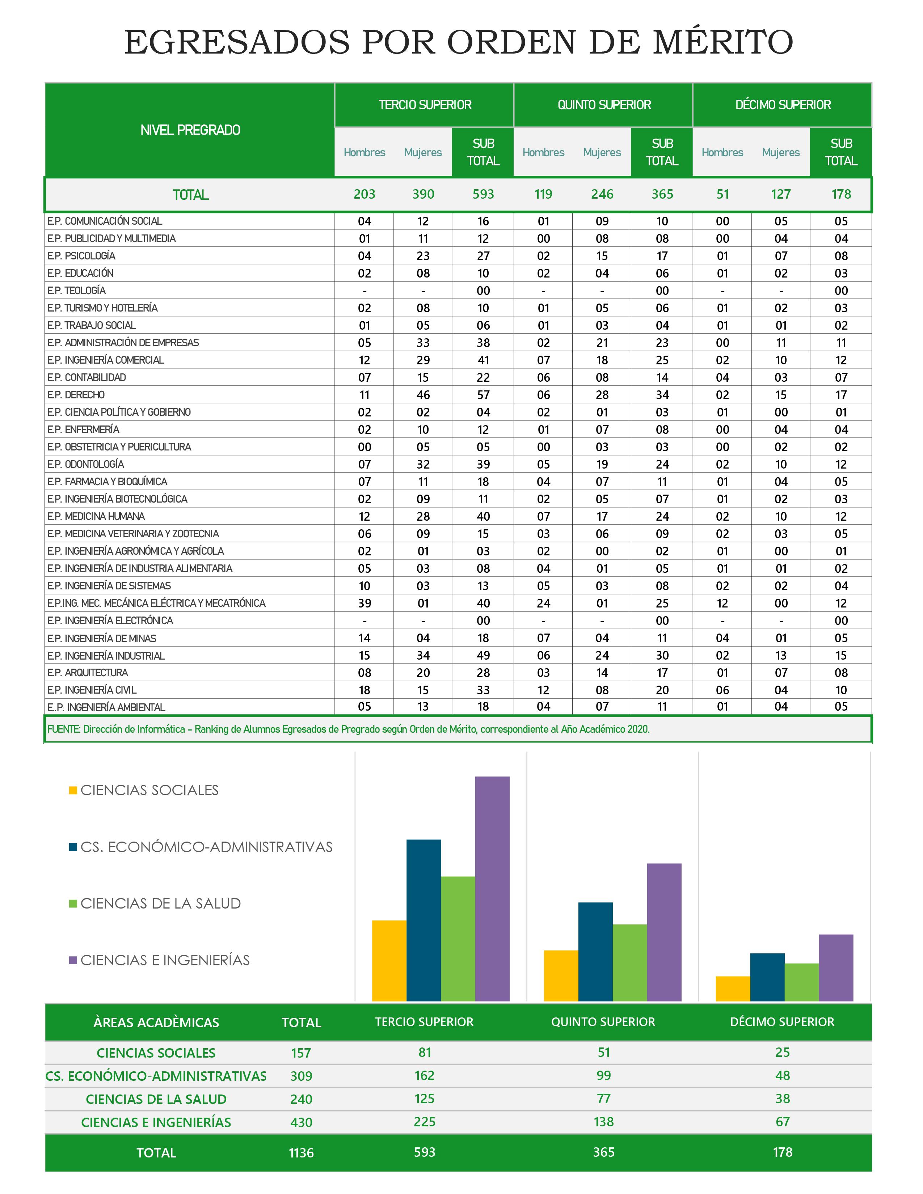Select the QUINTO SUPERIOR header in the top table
pyautogui.click(x=604, y=105)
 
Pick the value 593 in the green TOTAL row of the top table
pyautogui.click(x=483, y=194)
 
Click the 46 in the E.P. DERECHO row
pyautogui.click(x=423, y=395)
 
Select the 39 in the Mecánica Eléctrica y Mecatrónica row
pyautogui.click(x=364, y=603)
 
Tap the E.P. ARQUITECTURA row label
pyautogui.click(x=88, y=673)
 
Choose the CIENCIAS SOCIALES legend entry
pyautogui.click(x=149, y=790)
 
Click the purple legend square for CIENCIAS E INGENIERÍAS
pyautogui.click(x=73, y=960)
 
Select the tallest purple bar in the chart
pyautogui.click(x=492, y=888)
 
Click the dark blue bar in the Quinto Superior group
pyautogui.click(x=595, y=951)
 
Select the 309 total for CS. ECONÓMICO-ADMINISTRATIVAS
pyautogui.click(x=301, y=1076)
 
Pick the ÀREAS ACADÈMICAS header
pyautogui.click(x=156, y=1022)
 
